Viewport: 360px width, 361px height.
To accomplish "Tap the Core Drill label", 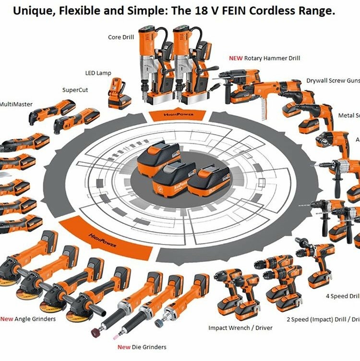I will [121, 37].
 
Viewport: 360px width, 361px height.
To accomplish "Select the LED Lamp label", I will [98, 73].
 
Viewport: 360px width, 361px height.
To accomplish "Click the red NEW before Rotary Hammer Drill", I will [236, 58].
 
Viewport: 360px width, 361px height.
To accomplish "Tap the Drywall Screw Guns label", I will [333, 81].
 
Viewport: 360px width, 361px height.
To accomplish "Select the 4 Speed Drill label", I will [343, 296].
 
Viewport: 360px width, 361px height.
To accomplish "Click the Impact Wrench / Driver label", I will [240, 328].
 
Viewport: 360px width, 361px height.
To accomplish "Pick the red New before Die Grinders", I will [124, 347].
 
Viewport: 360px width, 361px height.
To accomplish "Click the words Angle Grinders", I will [35, 319].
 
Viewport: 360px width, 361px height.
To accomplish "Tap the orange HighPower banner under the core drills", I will [178, 115].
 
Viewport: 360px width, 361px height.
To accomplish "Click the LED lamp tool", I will [118, 93].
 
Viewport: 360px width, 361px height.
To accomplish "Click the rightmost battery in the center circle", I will [207, 179].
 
